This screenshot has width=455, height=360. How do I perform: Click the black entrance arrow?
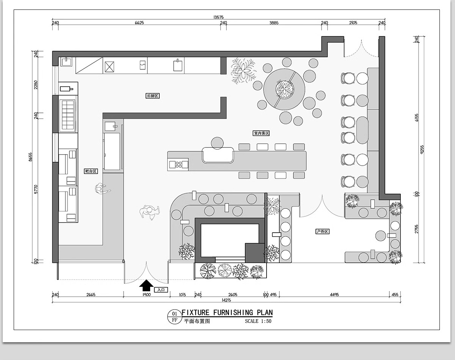pyautogui.click(x=147, y=285)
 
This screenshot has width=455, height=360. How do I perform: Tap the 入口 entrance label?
pyautogui.click(x=161, y=290)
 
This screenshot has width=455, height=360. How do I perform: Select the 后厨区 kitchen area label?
pyautogui.click(x=152, y=96)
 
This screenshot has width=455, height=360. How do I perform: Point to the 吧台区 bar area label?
pyautogui.click(x=91, y=171)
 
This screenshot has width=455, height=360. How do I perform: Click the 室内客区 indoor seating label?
pyautogui.click(x=261, y=133)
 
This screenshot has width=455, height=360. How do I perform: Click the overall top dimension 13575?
pyautogui.click(x=219, y=17)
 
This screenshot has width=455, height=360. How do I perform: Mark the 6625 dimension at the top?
pyautogui.click(x=139, y=23)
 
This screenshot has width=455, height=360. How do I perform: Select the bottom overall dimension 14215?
pyautogui.click(x=226, y=301)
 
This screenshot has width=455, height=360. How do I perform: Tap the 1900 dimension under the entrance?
pyautogui.click(x=146, y=295)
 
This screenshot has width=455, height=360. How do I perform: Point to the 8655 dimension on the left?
pyautogui.click(x=31, y=157)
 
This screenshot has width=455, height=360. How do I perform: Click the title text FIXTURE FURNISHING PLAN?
pyautogui.click(x=227, y=313)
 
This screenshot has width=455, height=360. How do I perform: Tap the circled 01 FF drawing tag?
pyautogui.click(x=174, y=317)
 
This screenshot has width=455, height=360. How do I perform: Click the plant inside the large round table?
pyautogui.click(x=284, y=89)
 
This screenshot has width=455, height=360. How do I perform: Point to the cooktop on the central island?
pyautogui.click(x=178, y=164)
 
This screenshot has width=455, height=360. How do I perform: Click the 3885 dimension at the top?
pyautogui.click(x=274, y=23)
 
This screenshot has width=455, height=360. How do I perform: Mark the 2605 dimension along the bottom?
pyautogui.click(x=233, y=295)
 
